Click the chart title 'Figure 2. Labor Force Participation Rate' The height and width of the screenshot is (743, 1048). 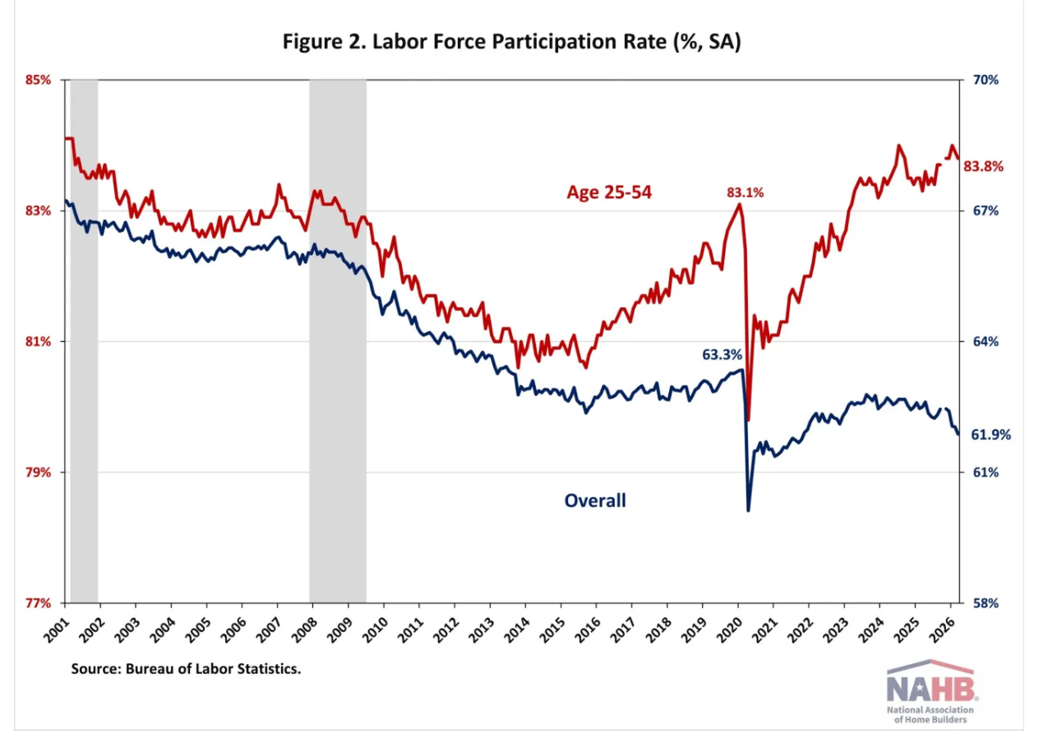coord(511,42)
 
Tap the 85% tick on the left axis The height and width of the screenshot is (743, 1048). coord(37,81)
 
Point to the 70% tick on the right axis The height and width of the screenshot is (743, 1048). coord(985,81)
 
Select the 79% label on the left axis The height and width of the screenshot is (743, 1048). coord(37,473)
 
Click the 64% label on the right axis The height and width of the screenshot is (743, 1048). coord(985,342)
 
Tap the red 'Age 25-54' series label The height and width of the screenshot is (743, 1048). coord(609,192)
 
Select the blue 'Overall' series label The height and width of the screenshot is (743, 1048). coord(594,500)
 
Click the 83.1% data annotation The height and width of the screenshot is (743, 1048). coord(745,193)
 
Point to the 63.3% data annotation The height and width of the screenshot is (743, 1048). coord(722,355)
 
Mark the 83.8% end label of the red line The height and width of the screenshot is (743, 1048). coord(983,166)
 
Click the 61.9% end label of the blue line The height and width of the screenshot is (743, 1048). coord(991,435)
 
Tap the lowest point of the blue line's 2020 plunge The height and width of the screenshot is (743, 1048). coord(748,510)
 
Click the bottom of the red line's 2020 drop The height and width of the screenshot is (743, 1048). coord(749,420)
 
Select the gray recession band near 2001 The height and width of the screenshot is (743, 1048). coord(84,341)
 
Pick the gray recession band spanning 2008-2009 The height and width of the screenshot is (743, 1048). coord(337,341)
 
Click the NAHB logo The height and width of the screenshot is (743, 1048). coord(929,684)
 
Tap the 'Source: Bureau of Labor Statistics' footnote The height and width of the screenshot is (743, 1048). coord(186,669)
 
